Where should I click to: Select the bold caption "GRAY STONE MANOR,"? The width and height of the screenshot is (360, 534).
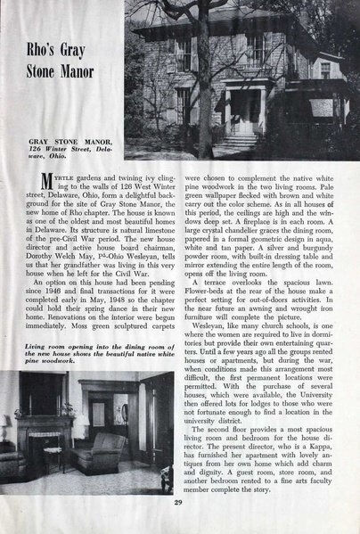tap(57, 140)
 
